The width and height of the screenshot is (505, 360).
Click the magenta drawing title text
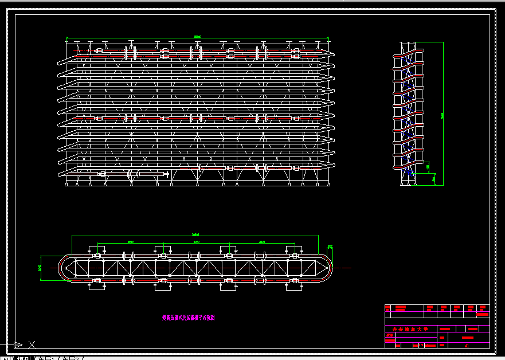point(188,316)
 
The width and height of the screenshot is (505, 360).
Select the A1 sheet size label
point(467,345)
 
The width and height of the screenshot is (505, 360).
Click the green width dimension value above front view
point(197,37)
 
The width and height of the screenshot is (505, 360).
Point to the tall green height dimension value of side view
point(442,116)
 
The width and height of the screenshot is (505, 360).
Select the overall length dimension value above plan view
point(195,234)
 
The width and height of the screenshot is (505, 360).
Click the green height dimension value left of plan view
point(40,268)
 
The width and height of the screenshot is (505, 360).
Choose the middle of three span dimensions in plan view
point(196,242)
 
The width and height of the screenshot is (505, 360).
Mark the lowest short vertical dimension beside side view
point(433,179)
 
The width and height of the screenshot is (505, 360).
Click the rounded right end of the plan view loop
point(327,268)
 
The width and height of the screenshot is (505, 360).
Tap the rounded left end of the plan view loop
point(62,268)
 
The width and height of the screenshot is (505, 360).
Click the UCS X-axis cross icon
point(32,345)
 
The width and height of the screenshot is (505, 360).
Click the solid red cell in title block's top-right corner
point(483,314)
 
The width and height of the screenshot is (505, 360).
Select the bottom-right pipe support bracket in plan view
point(295,281)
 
